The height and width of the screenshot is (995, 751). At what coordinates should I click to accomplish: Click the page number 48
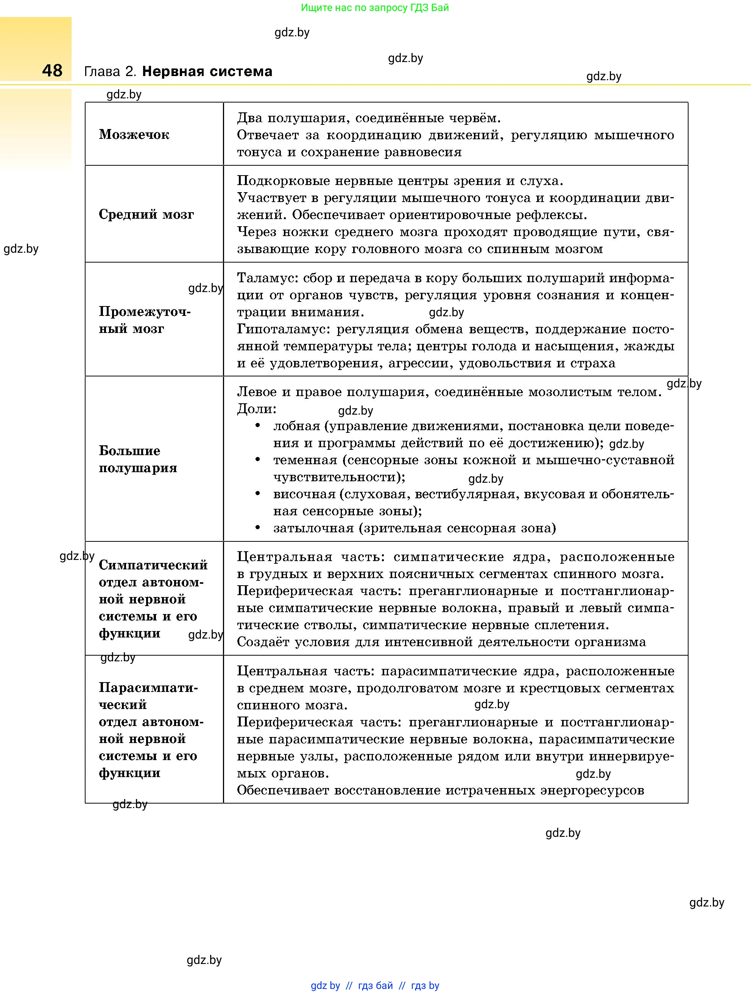pyautogui.click(x=52, y=71)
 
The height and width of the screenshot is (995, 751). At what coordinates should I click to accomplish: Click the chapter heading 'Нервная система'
pyautogui.click(x=207, y=72)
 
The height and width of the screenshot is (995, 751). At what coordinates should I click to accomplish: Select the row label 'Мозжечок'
pyautogui.click(x=134, y=135)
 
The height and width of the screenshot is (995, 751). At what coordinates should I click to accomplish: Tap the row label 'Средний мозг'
pyautogui.click(x=146, y=215)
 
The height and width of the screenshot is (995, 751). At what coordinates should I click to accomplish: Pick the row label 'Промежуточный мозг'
pyautogui.click(x=145, y=320)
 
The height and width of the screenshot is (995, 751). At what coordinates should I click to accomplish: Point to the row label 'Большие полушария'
pyautogui.click(x=138, y=459)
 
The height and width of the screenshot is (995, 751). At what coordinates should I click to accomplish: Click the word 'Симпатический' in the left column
pyautogui.click(x=153, y=565)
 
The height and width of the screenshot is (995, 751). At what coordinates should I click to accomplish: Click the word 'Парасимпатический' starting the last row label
pyautogui.click(x=148, y=688)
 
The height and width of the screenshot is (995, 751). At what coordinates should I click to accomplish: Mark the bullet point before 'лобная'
pyautogui.click(x=258, y=426)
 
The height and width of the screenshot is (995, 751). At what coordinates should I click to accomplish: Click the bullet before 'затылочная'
pyautogui.click(x=258, y=528)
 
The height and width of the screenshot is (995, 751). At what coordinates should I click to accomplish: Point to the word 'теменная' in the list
pyautogui.click(x=305, y=460)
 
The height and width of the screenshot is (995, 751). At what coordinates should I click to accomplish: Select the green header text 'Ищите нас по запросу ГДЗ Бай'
pyautogui.click(x=375, y=8)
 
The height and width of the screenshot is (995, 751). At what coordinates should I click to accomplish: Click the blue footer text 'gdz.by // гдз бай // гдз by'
pyautogui.click(x=375, y=986)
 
